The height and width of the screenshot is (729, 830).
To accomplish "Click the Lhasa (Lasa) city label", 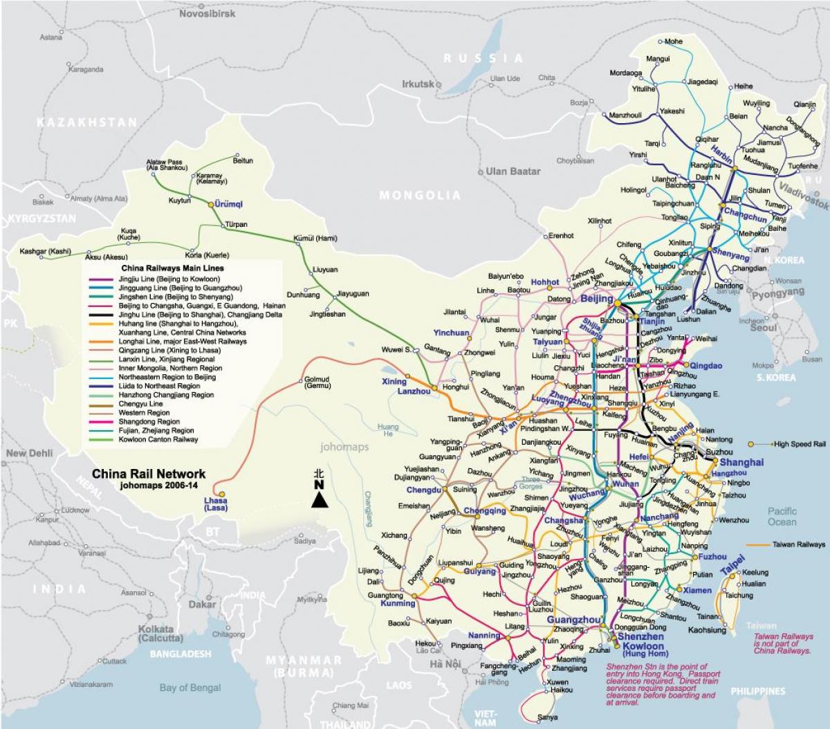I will click(215, 504).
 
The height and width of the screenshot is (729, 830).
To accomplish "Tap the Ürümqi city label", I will click(229, 205).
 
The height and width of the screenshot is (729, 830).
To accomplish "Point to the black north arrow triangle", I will click(319, 499).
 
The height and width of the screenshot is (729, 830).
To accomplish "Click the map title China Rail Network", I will click(149, 474).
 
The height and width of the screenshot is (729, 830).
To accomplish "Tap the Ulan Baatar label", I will click(513, 171).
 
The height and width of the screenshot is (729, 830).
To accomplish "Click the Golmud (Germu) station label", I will click(316, 382).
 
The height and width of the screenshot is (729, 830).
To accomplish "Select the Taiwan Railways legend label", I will click(799, 544).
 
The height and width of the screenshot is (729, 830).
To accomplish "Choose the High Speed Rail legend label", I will click(800, 444).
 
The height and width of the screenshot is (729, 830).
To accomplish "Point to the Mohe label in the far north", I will click(672, 41).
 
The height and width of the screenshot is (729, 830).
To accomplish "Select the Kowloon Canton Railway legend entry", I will click(158, 439).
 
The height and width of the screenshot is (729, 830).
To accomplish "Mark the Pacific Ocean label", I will click(782, 517).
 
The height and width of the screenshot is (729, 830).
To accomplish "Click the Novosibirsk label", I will click(207, 14).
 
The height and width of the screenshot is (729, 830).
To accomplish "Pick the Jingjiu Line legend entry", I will click(160, 279).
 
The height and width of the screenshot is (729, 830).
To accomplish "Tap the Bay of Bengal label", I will click(190, 688).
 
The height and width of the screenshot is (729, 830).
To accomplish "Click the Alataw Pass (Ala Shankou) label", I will click(167, 165).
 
